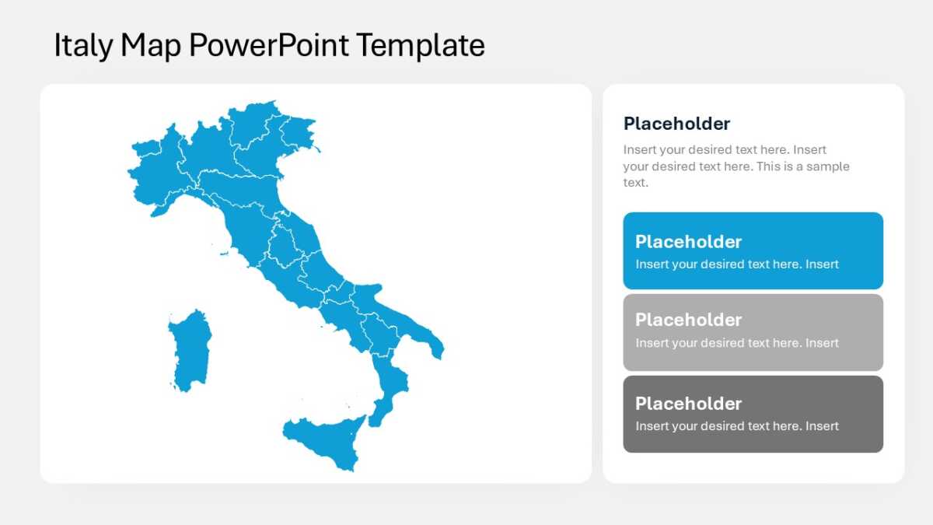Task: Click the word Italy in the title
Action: click(x=83, y=45)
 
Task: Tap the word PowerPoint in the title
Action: click(x=269, y=45)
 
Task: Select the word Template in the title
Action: click(x=421, y=45)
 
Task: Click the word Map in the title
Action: click(x=151, y=45)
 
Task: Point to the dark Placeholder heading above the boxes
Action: click(x=676, y=124)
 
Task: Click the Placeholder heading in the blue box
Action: click(x=688, y=242)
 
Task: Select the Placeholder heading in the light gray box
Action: click(x=688, y=320)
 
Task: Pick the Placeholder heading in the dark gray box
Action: click(x=688, y=404)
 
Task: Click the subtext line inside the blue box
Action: click(x=737, y=264)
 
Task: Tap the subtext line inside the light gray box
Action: click(x=737, y=343)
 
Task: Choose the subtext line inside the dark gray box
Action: click(x=737, y=426)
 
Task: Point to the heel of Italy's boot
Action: click(x=436, y=348)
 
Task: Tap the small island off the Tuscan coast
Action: click(x=224, y=254)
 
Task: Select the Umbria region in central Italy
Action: click(x=284, y=246)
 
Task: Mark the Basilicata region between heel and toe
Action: click(x=380, y=334)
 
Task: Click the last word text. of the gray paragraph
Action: click(x=636, y=183)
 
